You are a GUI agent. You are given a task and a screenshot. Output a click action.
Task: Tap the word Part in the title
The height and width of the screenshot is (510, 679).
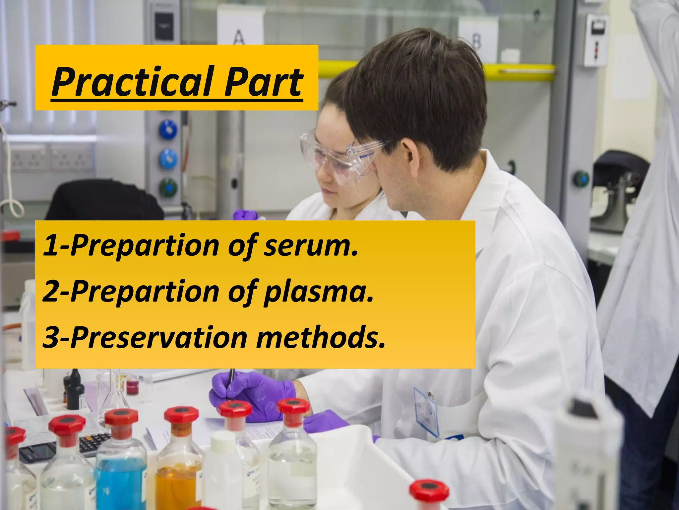tap(263, 82)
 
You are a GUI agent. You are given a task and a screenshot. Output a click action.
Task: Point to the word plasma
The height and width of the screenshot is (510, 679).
tap(319, 292)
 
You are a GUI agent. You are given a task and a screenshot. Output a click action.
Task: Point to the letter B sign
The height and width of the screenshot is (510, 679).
tap(476, 41)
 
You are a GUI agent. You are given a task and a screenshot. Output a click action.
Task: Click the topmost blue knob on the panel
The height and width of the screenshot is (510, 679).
tap(168, 130)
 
